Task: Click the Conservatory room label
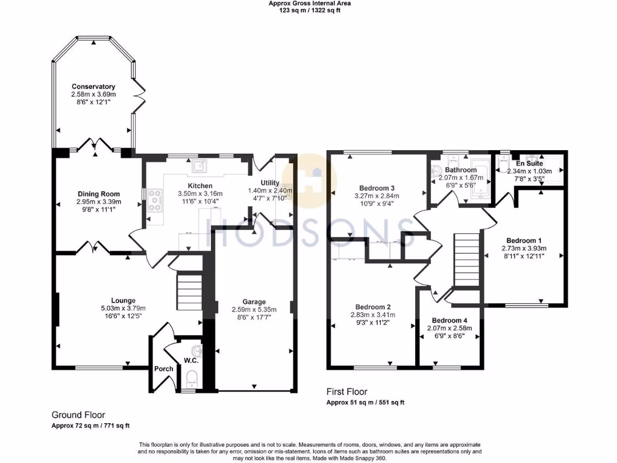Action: [x=93, y=86]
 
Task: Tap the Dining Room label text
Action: [x=99, y=194]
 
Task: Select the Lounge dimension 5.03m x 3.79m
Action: [x=123, y=308]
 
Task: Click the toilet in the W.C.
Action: [x=192, y=378]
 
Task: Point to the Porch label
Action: [x=163, y=368]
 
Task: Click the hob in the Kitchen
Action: [x=155, y=200]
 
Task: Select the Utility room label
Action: [x=269, y=182]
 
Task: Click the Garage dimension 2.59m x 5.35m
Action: [x=254, y=309]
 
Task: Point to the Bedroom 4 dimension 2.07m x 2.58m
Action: [x=449, y=329]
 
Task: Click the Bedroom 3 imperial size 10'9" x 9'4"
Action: [x=375, y=204]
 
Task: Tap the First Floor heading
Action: [x=346, y=392]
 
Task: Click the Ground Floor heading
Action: [x=78, y=415]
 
